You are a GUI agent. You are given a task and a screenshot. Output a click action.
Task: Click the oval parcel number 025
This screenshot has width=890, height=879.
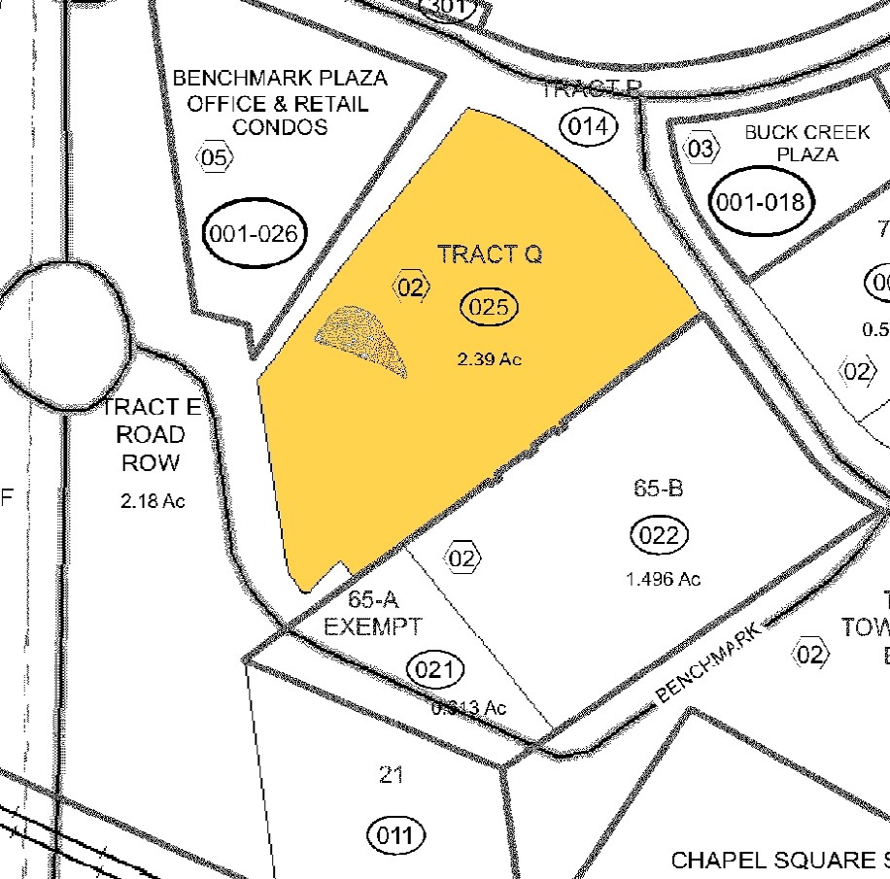click(490, 308)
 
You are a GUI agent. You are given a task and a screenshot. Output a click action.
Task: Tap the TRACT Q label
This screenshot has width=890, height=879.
click(490, 254)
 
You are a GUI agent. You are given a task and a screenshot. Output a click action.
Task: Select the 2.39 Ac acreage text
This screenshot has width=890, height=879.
click(490, 359)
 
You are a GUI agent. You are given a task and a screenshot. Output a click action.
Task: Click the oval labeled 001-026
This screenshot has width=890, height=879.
click(256, 233)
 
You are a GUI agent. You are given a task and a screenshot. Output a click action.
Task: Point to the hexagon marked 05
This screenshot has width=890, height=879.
click(216, 156)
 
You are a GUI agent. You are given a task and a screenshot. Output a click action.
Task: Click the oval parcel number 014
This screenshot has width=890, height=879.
click(590, 126)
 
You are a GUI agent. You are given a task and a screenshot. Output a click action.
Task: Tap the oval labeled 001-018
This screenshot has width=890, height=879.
click(761, 202)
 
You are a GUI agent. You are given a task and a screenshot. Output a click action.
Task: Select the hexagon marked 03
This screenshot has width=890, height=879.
click(701, 149)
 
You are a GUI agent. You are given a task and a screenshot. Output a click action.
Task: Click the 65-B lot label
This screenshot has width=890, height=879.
click(659, 489)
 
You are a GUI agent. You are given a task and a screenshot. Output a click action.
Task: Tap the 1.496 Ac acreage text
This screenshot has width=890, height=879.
click(664, 579)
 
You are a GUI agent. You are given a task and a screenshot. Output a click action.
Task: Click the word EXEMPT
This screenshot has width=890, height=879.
click(373, 625)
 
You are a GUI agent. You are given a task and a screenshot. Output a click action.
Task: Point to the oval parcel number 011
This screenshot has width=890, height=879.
click(396, 835)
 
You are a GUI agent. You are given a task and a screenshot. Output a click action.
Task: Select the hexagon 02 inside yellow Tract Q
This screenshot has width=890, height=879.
click(410, 287)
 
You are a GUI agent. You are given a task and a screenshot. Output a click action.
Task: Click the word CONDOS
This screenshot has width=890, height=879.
click(280, 127)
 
